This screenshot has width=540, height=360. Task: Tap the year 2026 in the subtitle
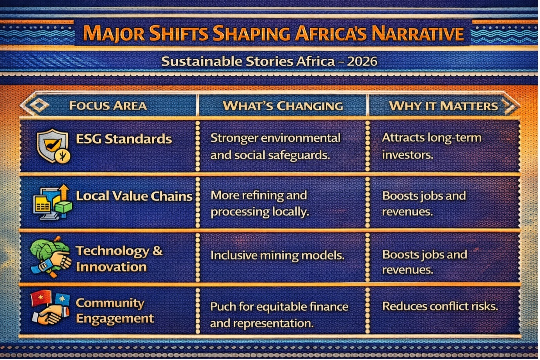click(362, 61)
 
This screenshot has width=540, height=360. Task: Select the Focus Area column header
click(108, 106)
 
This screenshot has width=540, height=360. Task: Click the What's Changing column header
click(283, 106)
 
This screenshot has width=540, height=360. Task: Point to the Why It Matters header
click(444, 106)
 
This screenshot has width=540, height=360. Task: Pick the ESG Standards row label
click(124, 139)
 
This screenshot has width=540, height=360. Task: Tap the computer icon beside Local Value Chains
click(52, 202)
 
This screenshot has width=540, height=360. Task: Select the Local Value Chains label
click(134, 196)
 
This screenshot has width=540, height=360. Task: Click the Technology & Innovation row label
click(119, 258)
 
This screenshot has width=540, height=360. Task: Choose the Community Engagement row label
click(115, 310)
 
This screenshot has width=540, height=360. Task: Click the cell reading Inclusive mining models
click(277, 255)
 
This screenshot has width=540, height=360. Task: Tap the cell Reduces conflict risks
click(440, 307)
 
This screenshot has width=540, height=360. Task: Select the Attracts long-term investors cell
click(432, 146)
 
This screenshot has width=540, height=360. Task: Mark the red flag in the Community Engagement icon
click(41, 298)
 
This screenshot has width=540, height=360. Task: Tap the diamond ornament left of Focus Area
click(39, 105)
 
